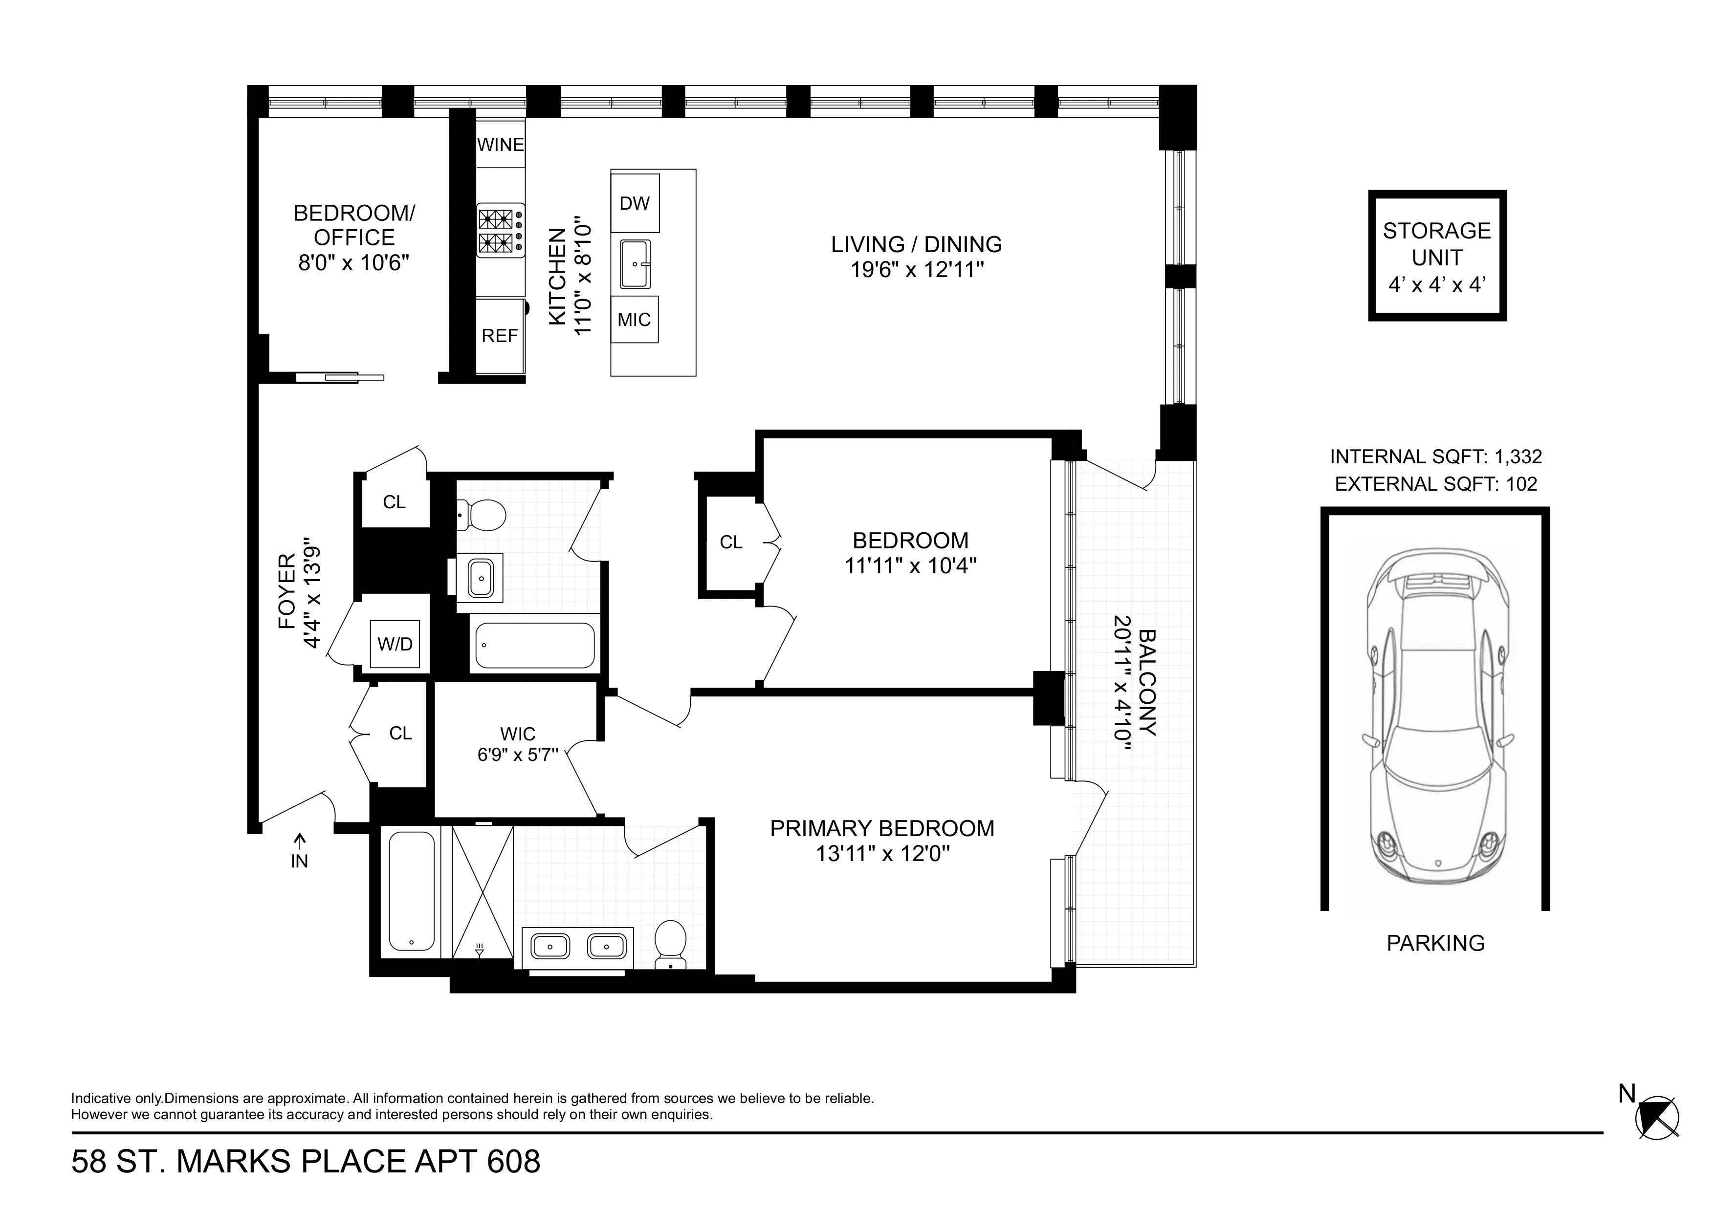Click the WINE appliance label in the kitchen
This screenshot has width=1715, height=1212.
pyautogui.click(x=500, y=144)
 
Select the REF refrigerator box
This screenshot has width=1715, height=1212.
pyautogui.click(x=500, y=336)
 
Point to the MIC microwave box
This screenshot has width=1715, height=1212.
pyautogui.click(x=634, y=320)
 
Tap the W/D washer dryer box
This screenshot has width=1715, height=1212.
pyautogui.click(x=395, y=644)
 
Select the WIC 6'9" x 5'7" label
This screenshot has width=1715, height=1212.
pyautogui.click(x=518, y=744)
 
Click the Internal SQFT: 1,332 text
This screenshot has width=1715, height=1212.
pyautogui.click(x=1436, y=456)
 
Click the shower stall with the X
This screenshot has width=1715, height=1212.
pyautogui.click(x=483, y=892)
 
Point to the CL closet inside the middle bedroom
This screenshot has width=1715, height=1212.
pyautogui.click(x=730, y=542)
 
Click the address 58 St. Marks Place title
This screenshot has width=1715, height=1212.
pyautogui.click(x=306, y=1162)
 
